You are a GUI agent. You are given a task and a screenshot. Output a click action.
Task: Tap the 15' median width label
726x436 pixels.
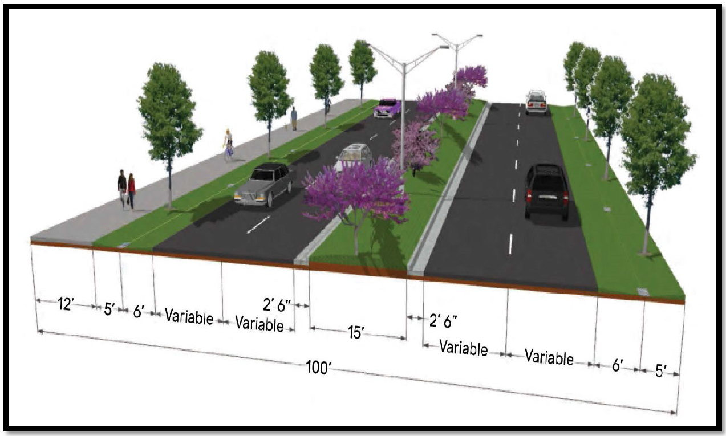click(x=357, y=333)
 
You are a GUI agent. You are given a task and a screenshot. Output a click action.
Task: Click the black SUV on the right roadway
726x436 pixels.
click(x=546, y=191)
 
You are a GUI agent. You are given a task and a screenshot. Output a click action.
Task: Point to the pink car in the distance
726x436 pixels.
click(x=388, y=107)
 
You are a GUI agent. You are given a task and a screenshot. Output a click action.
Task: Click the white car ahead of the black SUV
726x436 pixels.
click(x=536, y=101)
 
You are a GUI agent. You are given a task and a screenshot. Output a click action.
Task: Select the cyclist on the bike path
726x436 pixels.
click(x=229, y=145)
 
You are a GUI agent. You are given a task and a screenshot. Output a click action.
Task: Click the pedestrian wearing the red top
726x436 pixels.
click(x=132, y=190)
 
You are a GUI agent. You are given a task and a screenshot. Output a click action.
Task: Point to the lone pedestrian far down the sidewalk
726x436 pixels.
click(x=294, y=119)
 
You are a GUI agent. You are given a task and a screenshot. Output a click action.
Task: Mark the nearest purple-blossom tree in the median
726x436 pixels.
click(x=356, y=194)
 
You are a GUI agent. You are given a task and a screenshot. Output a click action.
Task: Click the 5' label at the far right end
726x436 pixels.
click(x=660, y=371)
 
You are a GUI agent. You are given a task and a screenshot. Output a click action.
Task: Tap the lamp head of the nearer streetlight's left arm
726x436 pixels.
click(x=369, y=44)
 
